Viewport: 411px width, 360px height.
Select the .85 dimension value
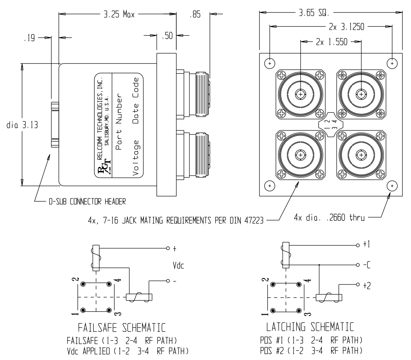click(191, 15)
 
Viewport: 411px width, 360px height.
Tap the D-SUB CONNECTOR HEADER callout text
click(87, 201)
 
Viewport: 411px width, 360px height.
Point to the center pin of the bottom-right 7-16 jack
click(361, 155)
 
